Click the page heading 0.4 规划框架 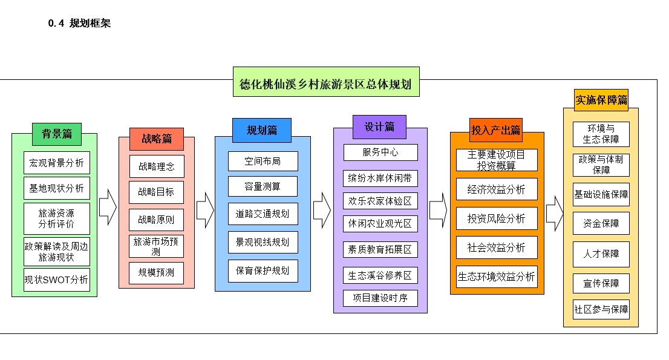[x=79, y=24]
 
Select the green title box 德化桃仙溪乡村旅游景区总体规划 [x=326, y=82]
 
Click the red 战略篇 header [x=157, y=139]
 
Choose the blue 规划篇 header [x=261, y=129]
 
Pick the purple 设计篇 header [x=379, y=127]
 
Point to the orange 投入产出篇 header [x=496, y=130]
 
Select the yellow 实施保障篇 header [x=601, y=100]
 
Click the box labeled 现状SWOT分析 [x=57, y=280]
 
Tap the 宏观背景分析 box [x=57, y=163]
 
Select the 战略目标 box [x=156, y=192]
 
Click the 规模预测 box [x=156, y=273]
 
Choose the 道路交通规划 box [x=263, y=213]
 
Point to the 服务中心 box [x=380, y=152]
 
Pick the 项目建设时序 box [x=380, y=298]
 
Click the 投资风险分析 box [x=496, y=218]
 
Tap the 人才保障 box [x=601, y=254]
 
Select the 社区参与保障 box [x=601, y=309]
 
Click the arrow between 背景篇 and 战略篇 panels [x=108, y=207]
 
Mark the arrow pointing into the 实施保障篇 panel [x=554, y=213]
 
